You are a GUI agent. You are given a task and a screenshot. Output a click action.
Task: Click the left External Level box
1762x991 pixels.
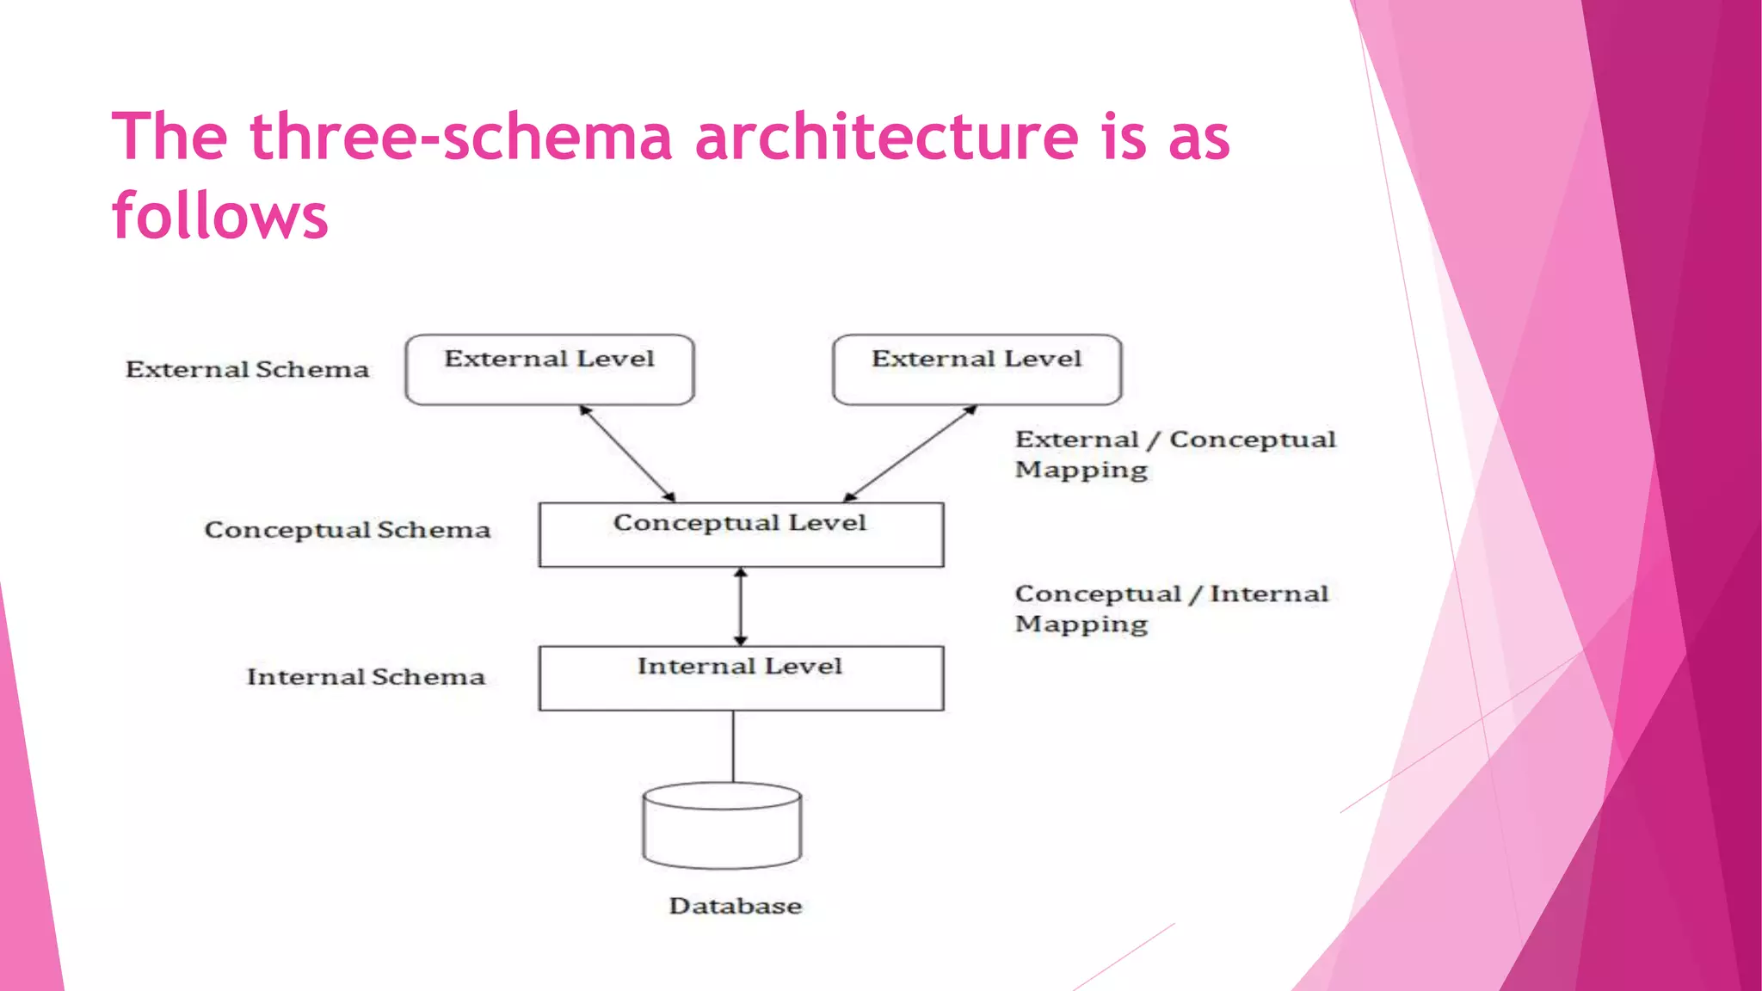tap(549, 370)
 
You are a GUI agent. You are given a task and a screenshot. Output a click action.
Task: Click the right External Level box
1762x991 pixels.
tap(976, 370)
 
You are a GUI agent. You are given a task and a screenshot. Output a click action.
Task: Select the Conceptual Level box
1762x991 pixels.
tap(741, 534)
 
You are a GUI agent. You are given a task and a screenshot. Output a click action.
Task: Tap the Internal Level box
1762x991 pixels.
tap(741, 678)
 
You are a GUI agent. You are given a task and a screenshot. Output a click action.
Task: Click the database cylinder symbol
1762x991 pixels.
tap(722, 826)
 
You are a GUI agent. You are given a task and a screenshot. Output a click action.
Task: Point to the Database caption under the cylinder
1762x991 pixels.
tap(735, 906)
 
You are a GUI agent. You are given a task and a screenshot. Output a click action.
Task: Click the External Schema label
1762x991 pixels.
tap(247, 370)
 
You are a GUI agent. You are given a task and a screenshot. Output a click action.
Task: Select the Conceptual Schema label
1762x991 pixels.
tap(347, 530)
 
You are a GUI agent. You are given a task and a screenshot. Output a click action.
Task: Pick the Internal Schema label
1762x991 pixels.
tap(366, 677)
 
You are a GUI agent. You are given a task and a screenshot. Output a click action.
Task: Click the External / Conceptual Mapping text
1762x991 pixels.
tap(1174, 454)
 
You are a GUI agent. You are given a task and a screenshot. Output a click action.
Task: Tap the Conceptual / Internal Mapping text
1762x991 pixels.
tap(1171, 608)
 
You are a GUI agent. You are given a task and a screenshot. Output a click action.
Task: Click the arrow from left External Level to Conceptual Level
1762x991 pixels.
tap(627, 453)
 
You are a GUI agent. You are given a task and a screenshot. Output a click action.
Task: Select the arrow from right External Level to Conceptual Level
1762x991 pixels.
tap(910, 453)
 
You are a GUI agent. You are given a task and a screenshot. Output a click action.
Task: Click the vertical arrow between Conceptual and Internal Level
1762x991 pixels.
tap(741, 606)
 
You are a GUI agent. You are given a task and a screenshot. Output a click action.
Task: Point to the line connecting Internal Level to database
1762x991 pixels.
tap(733, 746)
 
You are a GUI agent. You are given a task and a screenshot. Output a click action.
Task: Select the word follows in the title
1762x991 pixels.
tap(220, 215)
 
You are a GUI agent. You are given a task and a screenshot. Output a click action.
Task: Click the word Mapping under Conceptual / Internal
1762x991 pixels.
tap(1081, 625)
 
